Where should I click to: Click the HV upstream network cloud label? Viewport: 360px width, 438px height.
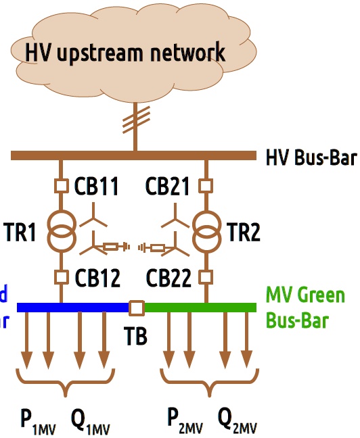click(x=125, y=51)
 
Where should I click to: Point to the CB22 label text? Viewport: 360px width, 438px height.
click(x=168, y=278)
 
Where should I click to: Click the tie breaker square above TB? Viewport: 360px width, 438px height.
click(x=136, y=308)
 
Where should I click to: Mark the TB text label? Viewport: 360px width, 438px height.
click(x=135, y=336)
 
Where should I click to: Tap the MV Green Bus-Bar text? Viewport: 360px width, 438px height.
click(x=305, y=308)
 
